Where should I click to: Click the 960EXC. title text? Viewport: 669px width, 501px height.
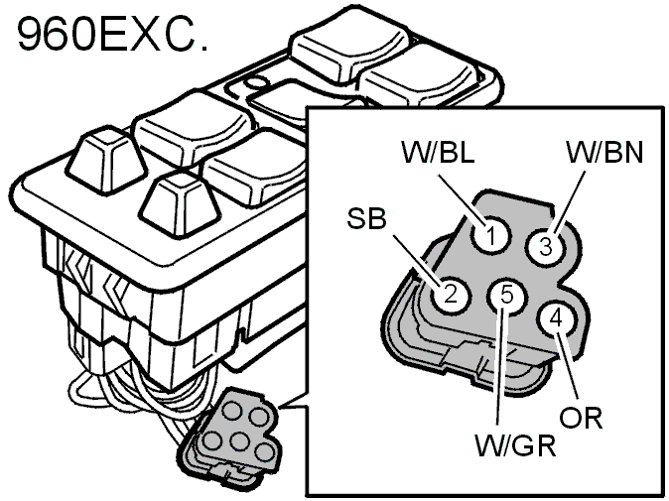coord(112,34)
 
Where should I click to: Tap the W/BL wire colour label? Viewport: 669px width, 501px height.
coord(438,151)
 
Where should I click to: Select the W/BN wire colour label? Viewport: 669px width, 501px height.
coord(604,152)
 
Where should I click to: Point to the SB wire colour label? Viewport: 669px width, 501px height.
coord(366,218)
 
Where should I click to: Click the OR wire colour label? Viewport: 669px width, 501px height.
coord(581,418)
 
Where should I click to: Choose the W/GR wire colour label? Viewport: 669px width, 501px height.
coord(515,445)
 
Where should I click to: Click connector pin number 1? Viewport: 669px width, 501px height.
coord(491,235)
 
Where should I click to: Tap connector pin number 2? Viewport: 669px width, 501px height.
coord(450,295)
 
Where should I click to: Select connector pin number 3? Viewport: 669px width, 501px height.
coord(546,246)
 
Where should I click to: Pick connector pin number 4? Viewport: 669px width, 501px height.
coord(557,318)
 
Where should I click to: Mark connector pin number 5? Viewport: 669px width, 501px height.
coord(506,295)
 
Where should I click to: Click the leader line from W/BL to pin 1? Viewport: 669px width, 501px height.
coord(463,199)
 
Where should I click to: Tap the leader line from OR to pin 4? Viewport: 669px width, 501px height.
coord(568,365)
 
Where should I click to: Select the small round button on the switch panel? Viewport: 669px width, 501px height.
coord(255,82)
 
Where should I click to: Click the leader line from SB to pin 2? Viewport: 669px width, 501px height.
coord(417,260)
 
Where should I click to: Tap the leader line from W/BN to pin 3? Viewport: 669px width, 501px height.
coord(571,203)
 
